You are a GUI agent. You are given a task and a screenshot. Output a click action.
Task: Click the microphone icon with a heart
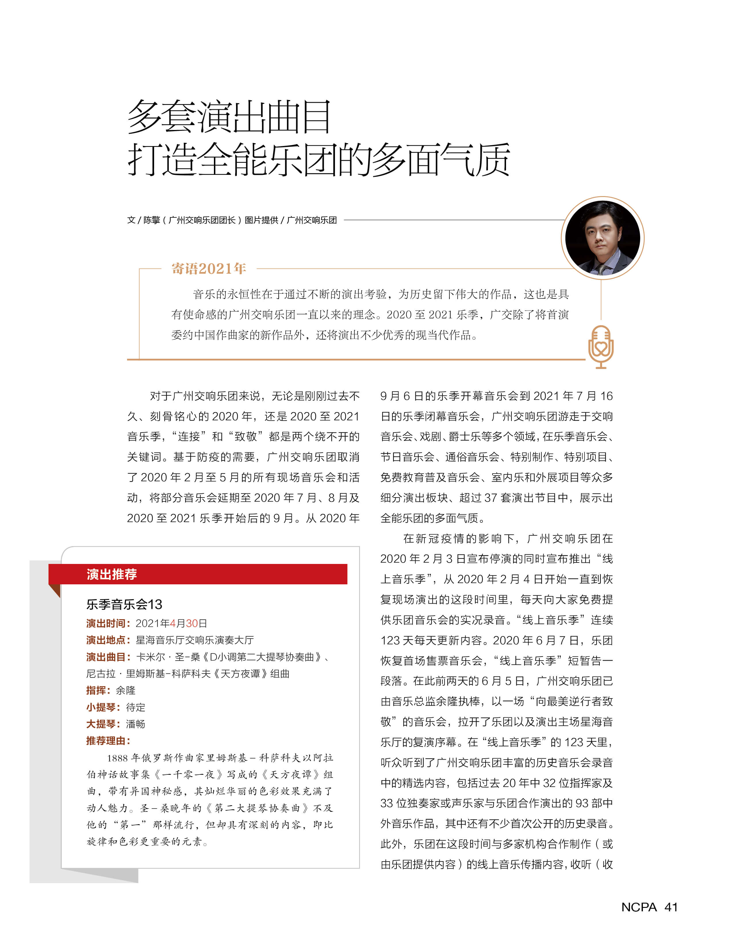coord(601,347)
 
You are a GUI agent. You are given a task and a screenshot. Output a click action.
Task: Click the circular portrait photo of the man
coord(602,238)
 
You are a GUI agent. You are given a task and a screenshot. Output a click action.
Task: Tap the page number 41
coord(671,907)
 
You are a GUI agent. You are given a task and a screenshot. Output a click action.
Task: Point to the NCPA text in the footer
coord(639,907)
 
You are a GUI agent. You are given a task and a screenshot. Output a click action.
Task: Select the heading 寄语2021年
coord(209,269)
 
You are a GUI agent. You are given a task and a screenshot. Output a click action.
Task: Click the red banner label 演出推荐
coord(112,574)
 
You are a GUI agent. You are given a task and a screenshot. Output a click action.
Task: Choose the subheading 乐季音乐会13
coord(124,604)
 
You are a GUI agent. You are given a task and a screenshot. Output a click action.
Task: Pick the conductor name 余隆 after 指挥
coord(126,690)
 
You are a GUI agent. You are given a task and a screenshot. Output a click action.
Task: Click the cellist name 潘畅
coord(136,724)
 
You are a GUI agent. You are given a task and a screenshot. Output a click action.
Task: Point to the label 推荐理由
coord(108,740)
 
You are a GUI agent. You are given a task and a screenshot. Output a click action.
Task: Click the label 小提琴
coord(103,707)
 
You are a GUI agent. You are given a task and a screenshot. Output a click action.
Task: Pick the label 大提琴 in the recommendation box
coord(103,724)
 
